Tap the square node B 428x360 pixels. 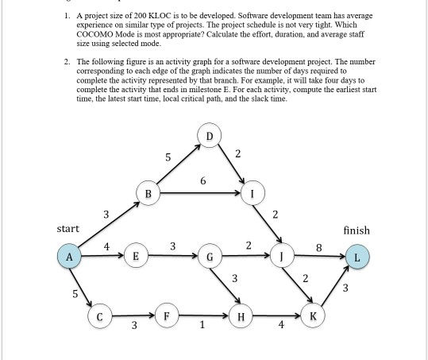(148, 192)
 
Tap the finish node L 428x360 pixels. (357, 257)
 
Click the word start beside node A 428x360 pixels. (67, 229)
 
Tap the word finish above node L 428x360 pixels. (356, 230)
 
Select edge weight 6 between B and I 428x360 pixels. (204, 181)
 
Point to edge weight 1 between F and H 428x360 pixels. (203, 324)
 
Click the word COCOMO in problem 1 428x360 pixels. (88, 35)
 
